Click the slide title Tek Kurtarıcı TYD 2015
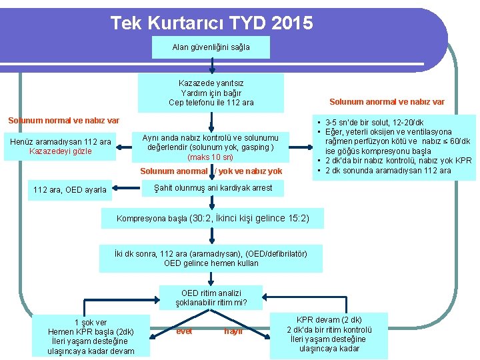point(211,24)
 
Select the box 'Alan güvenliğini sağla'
point(211,47)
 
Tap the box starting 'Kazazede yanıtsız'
point(211,93)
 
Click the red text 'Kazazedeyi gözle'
point(61,151)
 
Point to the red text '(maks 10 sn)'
point(211,157)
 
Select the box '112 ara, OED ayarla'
point(70,190)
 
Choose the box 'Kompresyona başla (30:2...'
point(213,219)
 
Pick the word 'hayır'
point(233,330)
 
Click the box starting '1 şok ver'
point(91,337)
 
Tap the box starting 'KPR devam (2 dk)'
point(329,334)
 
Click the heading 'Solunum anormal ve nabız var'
point(387,102)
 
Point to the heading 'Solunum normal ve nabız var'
point(63,121)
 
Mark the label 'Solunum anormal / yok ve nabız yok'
point(211,171)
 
